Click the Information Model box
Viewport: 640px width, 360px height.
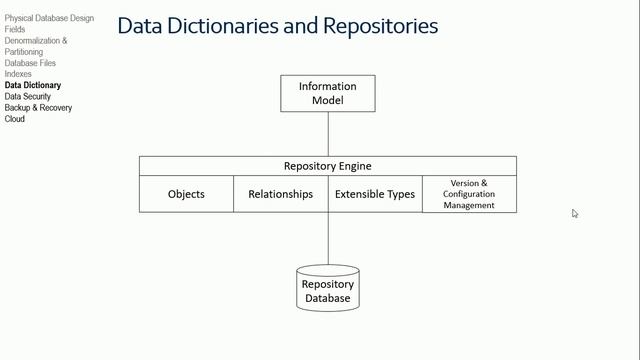point(327,93)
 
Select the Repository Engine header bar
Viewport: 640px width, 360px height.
point(327,166)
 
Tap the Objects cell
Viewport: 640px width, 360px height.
point(186,194)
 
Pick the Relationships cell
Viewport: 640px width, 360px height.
point(280,194)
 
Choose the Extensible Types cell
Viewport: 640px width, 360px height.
point(374,194)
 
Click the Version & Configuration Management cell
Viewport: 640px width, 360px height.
point(469,194)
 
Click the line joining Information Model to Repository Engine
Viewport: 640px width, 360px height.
point(328,134)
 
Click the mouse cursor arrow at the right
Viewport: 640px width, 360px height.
point(575,213)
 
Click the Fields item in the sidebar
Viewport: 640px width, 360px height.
point(15,30)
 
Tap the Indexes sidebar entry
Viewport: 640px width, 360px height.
point(18,74)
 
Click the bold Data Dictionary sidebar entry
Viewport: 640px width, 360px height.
point(32,86)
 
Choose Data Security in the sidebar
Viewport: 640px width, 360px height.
point(28,97)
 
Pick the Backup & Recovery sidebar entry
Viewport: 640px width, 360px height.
point(38,108)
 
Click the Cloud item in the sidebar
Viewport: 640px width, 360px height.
point(15,119)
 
